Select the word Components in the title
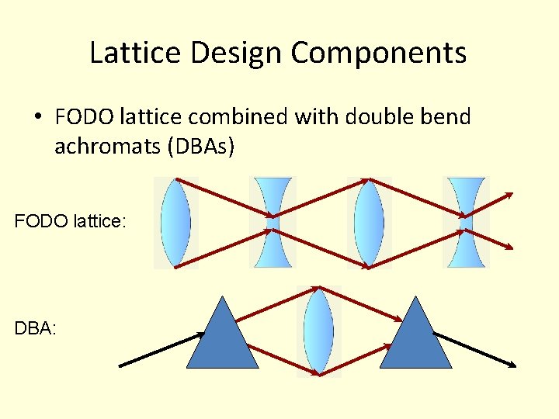pyautogui.click(x=379, y=53)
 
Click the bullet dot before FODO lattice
pyautogui.click(x=37, y=118)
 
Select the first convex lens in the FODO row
pyautogui.click(x=176, y=223)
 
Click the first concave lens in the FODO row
pyautogui.click(x=273, y=223)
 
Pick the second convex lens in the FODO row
pyautogui.click(x=369, y=223)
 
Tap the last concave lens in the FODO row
pyautogui.click(x=466, y=223)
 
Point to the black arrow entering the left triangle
pyautogui.click(x=159, y=350)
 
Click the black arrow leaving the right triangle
pyautogui.click(x=475, y=350)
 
